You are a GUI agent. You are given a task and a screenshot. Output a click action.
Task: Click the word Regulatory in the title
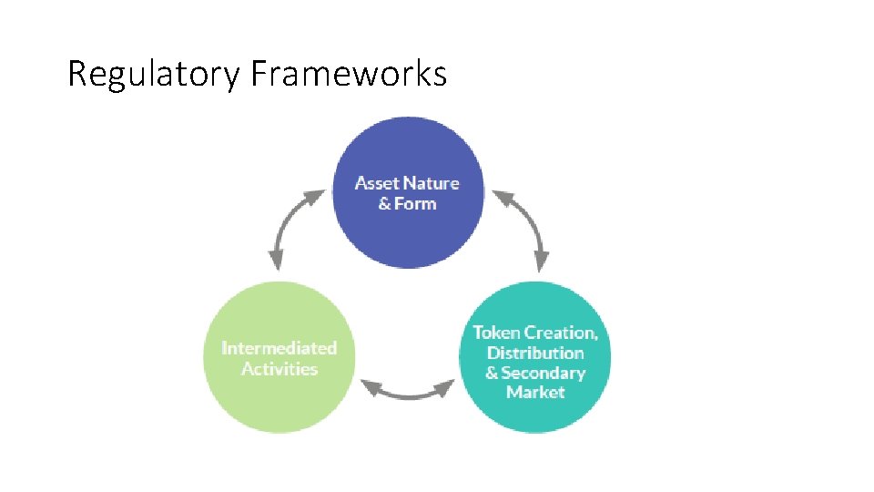pyautogui.click(x=154, y=74)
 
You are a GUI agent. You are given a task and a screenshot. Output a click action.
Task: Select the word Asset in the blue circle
pyautogui.click(x=376, y=183)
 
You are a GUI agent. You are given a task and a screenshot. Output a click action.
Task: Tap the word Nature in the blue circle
pyautogui.click(x=431, y=183)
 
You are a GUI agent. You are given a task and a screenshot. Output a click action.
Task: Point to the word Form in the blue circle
pyautogui.click(x=416, y=203)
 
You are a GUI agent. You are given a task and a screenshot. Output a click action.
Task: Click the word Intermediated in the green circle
pyautogui.click(x=279, y=348)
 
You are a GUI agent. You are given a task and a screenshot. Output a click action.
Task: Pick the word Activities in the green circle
pyautogui.click(x=279, y=369)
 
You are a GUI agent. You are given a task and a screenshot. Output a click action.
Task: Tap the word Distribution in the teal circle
pyautogui.click(x=535, y=353)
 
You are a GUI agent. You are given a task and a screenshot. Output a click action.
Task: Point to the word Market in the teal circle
pyautogui.click(x=535, y=393)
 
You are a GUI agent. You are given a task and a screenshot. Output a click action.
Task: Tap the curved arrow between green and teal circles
pyautogui.click(x=408, y=391)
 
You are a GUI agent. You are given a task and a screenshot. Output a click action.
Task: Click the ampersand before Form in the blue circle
pyautogui.click(x=385, y=203)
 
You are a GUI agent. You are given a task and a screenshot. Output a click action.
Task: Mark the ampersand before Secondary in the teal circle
pyautogui.click(x=492, y=373)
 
